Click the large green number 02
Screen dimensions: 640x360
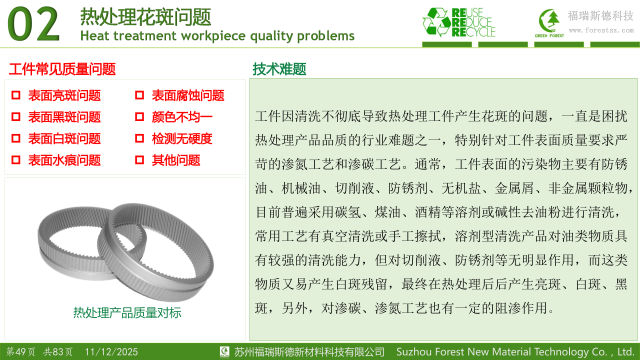33,24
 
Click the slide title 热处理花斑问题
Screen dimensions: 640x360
145,17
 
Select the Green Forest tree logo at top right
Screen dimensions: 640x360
549,22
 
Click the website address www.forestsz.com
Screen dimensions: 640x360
601,30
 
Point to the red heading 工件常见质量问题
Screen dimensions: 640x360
62,69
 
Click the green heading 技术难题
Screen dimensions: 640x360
279,69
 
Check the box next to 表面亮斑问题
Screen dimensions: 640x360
15,95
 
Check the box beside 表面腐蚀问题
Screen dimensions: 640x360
139,95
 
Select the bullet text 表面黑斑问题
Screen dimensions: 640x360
64,117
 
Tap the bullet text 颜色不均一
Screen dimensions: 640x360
182,117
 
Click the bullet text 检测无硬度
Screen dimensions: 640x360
182,139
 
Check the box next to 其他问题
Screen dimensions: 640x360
139,160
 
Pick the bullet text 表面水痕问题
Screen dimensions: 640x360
64,160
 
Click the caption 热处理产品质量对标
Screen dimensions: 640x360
127,313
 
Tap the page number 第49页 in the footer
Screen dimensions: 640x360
21,351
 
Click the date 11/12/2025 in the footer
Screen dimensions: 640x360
111,351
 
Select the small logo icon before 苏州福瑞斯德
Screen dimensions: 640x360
224,351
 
